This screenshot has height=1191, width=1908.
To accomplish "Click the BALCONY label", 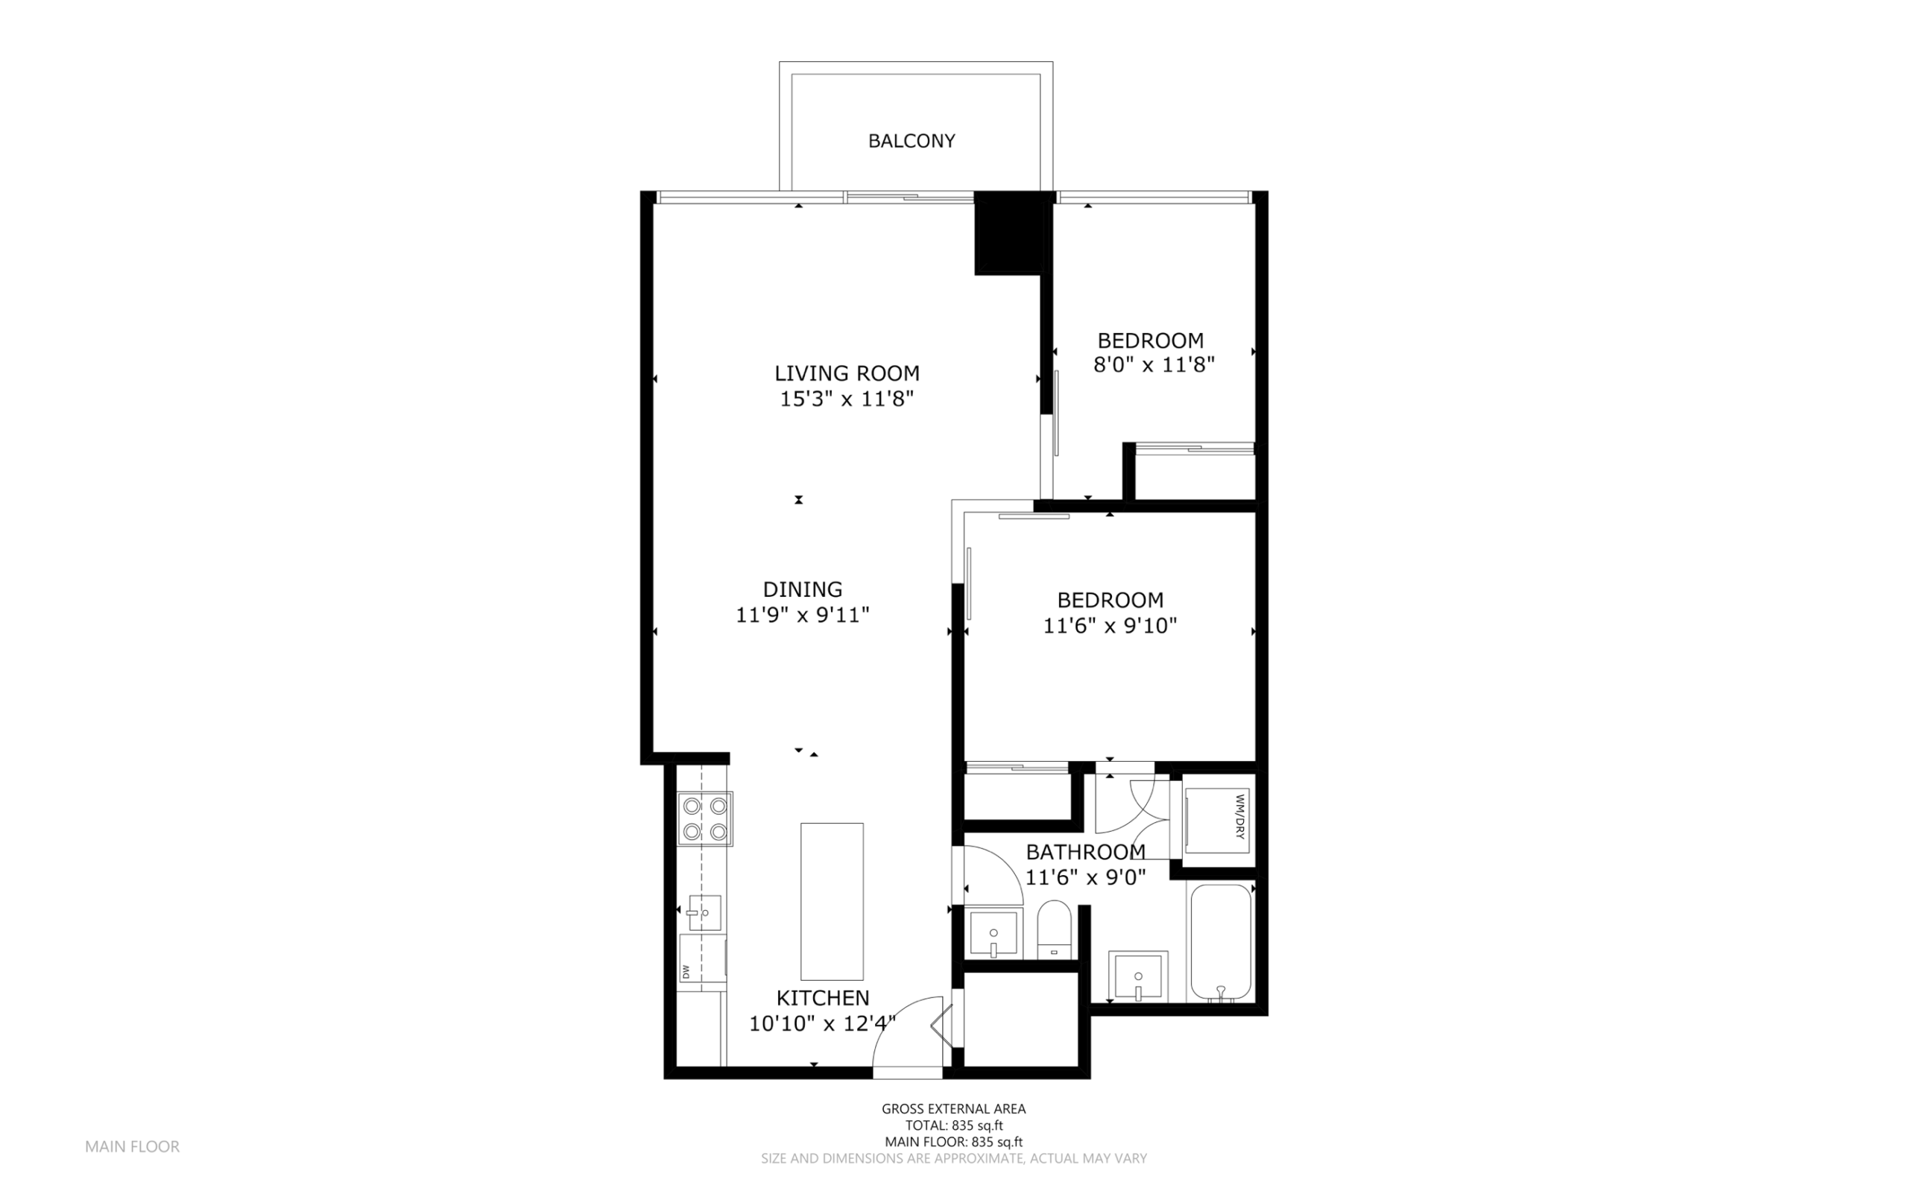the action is (x=911, y=141).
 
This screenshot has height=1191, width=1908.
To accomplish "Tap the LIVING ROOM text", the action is (x=847, y=373).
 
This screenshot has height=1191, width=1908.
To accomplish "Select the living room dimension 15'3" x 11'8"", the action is (x=847, y=399).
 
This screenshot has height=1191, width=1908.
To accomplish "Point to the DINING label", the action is (x=803, y=590).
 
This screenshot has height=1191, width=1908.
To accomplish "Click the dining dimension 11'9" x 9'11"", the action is (x=803, y=615).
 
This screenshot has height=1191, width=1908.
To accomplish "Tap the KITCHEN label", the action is (x=823, y=998).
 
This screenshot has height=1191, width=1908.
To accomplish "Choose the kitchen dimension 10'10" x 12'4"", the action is (x=822, y=1024).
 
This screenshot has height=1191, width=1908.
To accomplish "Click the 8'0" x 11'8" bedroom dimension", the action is (x=1154, y=365).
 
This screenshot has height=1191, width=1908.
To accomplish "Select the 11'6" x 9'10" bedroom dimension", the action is (x=1110, y=626).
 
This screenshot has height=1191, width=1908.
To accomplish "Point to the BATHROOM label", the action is (x=1085, y=851).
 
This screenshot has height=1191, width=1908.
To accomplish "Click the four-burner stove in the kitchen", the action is (x=705, y=819).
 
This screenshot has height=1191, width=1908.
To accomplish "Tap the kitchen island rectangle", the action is (x=832, y=901).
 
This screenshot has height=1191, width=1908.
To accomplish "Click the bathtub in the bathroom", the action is (x=1221, y=942).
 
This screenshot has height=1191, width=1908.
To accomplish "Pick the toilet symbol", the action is (x=1054, y=929).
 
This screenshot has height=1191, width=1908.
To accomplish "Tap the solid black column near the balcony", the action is (x=1008, y=233).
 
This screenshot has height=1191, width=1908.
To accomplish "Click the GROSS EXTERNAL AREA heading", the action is (x=953, y=1109).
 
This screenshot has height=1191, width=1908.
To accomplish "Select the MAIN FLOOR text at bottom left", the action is (x=132, y=1147).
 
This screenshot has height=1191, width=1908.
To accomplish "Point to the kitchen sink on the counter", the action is (x=705, y=913).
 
